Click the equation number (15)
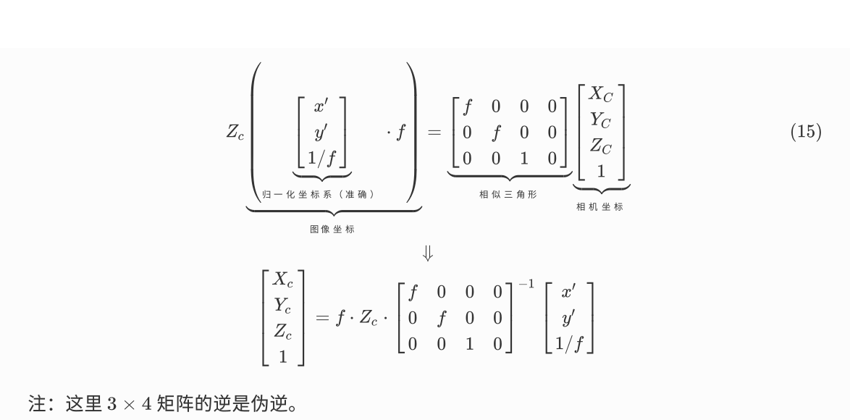pos(805,133)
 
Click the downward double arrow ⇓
pos(428,253)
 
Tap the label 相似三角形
pos(508,194)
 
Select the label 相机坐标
pos(599,206)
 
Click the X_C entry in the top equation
pos(600,94)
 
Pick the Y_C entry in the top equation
pos(600,119)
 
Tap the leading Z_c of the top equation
pos(235,133)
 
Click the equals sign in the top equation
pos(434,133)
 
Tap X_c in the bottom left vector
pos(282,280)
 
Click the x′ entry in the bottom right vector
pos(569,293)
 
